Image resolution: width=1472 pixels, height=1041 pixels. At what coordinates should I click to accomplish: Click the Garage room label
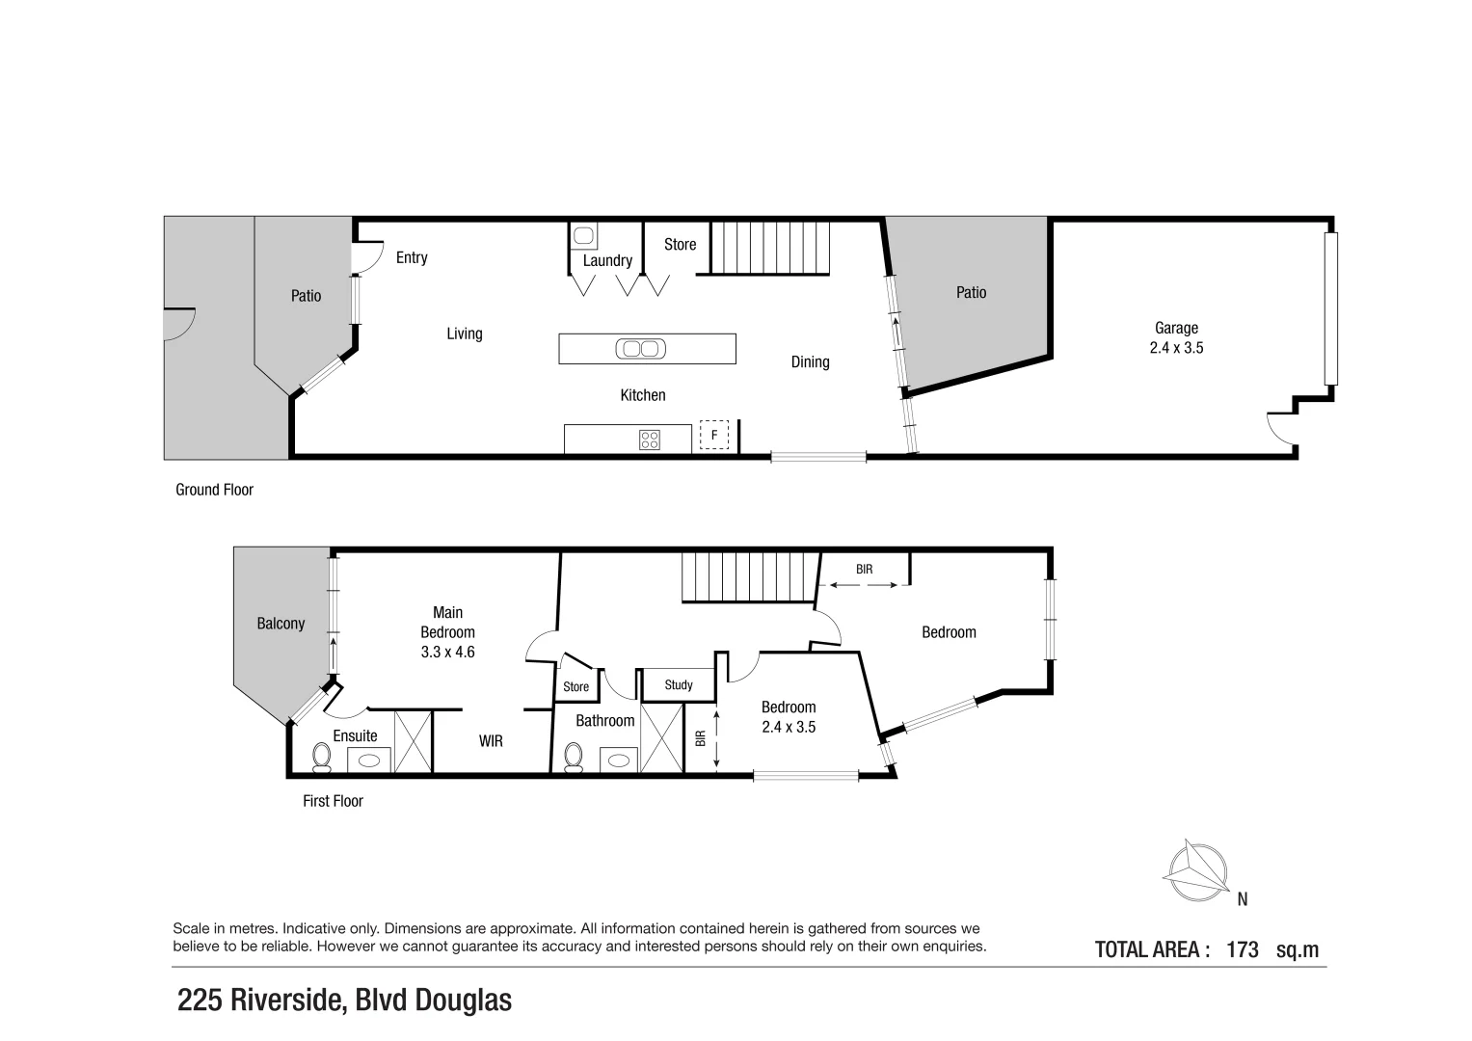pos(1176,328)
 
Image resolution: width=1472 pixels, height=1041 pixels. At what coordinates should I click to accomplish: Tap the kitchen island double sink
pos(639,349)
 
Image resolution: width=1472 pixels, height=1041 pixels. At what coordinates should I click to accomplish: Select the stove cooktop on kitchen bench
pos(650,440)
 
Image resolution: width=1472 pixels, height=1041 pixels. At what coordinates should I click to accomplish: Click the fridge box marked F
pos(714,435)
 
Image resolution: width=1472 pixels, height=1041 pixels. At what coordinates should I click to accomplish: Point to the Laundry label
pos(607,260)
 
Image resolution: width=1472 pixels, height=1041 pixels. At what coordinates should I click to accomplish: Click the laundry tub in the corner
pos(582,235)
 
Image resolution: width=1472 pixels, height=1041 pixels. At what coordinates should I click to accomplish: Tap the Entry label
pos(412,257)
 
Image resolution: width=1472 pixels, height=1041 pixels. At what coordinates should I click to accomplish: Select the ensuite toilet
pos(321,758)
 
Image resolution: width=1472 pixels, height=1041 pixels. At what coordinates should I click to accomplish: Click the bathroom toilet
pos(573,757)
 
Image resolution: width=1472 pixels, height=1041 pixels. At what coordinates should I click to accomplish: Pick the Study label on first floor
pos(679,685)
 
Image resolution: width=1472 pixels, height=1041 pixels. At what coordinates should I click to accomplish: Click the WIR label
pos(491,741)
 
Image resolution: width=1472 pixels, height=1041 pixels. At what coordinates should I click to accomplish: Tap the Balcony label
pos(281,624)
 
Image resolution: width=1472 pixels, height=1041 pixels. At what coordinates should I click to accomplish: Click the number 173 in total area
pos(1243,949)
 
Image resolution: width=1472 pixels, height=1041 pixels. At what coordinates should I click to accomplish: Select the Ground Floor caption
pos(214,490)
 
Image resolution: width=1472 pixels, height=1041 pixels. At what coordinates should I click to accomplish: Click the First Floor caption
pos(333,801)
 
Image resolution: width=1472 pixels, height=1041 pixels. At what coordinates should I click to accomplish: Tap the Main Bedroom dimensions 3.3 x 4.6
pos(447,652)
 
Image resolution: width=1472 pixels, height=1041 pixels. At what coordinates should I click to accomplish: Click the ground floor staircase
pos(770,247)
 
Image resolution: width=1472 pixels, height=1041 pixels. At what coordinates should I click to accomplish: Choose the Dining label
pos(810,361)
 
